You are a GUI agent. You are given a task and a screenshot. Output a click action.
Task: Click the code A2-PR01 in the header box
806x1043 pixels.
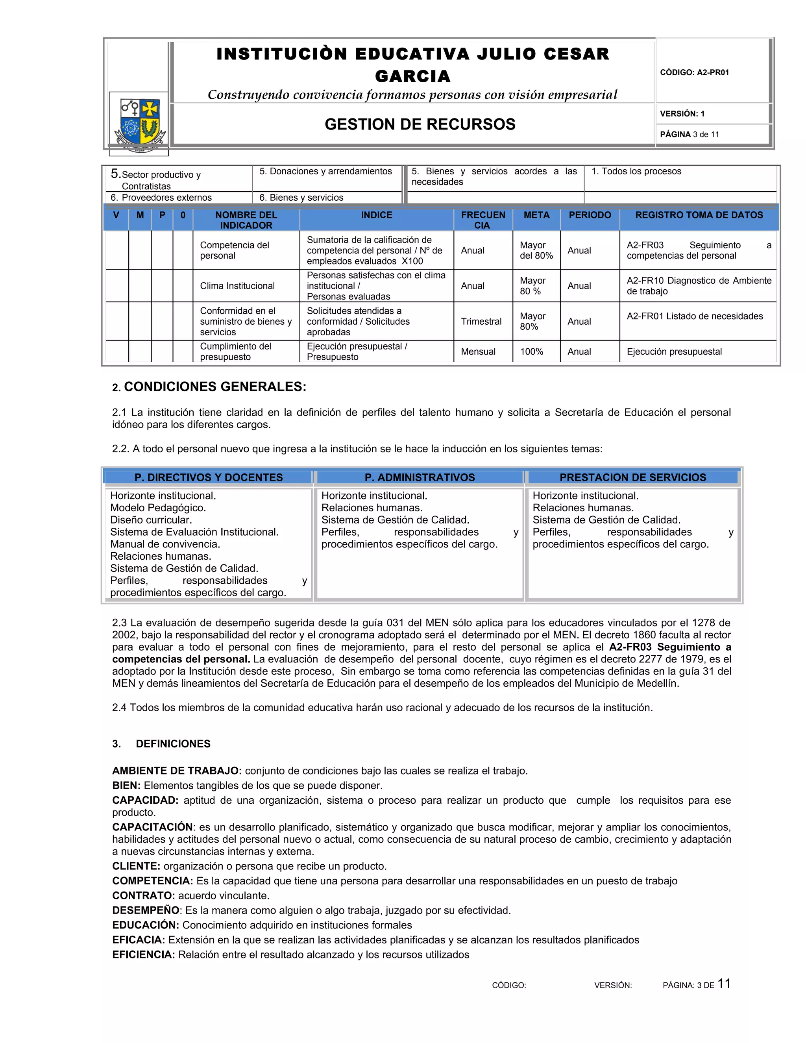(694, 72)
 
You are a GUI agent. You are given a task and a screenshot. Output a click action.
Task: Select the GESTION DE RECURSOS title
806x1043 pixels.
(420, 124)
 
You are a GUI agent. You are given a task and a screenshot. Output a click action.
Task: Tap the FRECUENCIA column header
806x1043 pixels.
(483, 220)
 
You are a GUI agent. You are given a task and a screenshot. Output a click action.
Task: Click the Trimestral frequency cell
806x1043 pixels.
(481, 322)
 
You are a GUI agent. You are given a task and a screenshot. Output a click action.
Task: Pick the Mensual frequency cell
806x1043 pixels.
(478, 351)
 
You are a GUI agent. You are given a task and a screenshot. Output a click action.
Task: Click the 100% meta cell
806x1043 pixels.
(531, 351)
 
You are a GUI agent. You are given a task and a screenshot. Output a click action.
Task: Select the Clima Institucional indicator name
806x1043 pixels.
(237, 286)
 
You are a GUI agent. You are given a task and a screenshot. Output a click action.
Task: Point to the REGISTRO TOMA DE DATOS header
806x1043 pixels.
(699, 215)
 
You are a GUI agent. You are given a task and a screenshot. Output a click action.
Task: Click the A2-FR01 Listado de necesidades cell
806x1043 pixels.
(694, 316)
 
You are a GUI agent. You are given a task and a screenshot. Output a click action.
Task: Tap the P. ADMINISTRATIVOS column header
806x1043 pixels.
(419, 477)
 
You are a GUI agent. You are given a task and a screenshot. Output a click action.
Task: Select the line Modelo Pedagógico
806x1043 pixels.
(158, 508)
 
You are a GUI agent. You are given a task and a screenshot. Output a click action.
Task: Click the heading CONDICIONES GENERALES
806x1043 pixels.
(214, 387)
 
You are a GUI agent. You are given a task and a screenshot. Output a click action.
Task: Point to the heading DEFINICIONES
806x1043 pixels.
(173, 743)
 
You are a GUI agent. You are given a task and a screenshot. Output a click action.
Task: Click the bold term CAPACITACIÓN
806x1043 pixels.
(153, 827)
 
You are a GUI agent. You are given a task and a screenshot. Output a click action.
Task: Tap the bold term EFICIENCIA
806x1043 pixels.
(143, 954)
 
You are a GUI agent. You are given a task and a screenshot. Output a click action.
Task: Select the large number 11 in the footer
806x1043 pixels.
(724, 983)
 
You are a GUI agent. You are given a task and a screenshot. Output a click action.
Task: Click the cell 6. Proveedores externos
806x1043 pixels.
(161, 198)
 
